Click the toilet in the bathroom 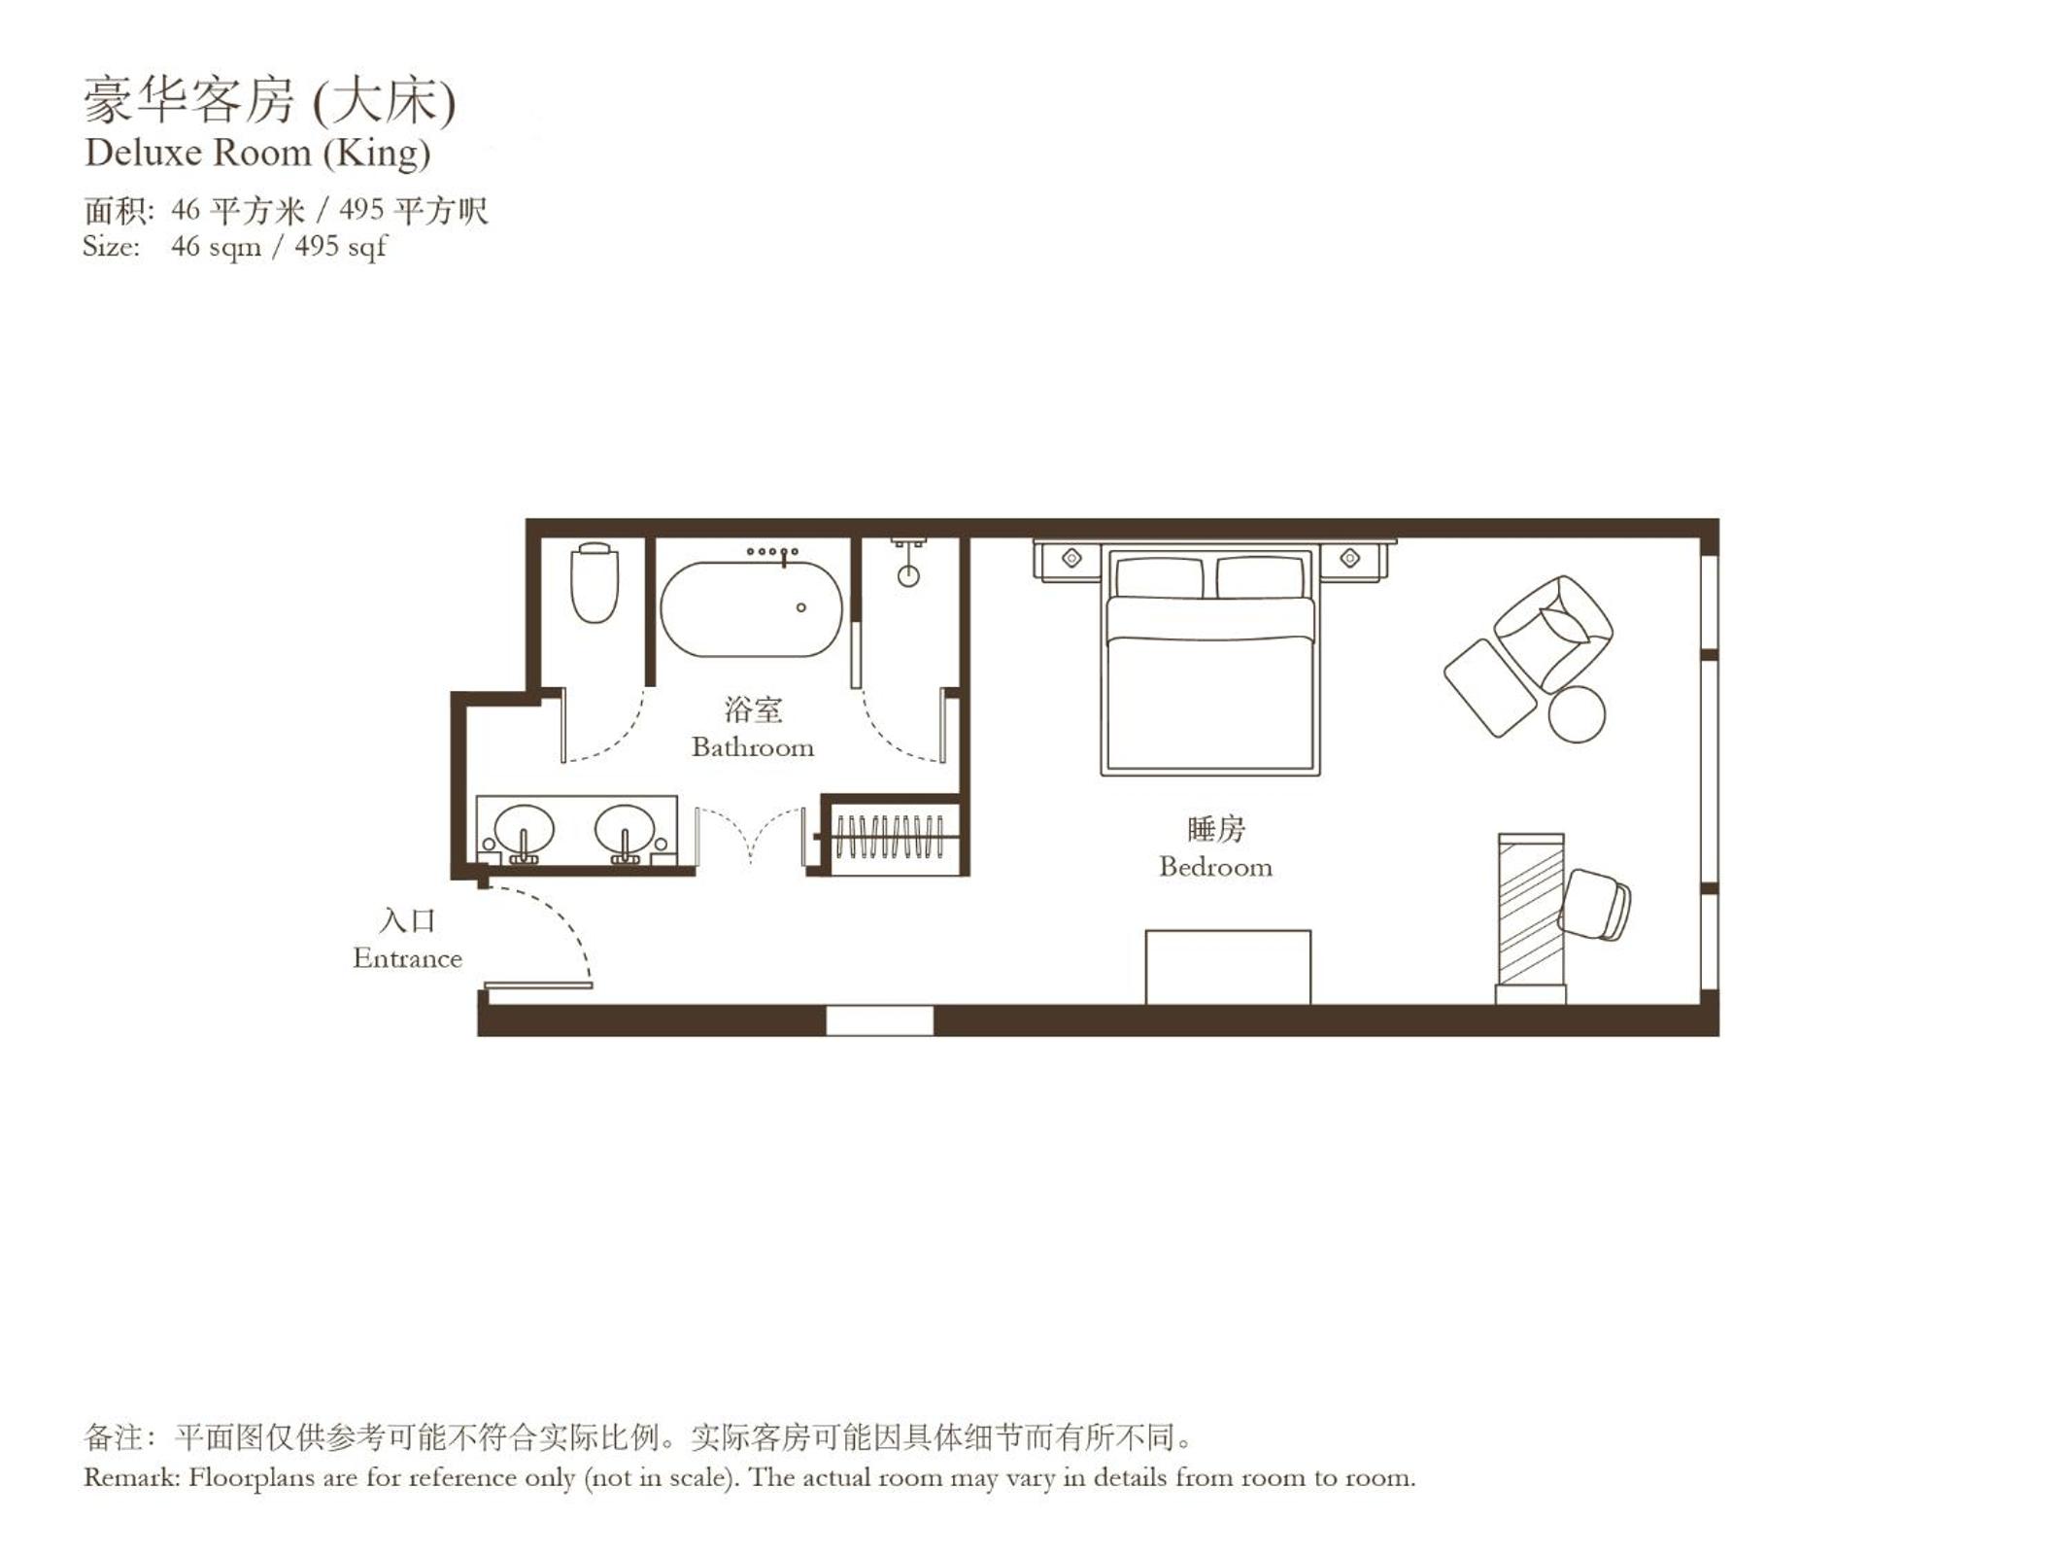(594, 582)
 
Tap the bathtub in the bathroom (751, 608)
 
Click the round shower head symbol (908, 576)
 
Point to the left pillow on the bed (1159, 577)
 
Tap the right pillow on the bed (1260, 577)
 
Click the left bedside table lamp (1071, 558)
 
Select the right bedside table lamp (1349, 558)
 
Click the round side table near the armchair (1577, 714)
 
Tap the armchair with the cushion (1553, 633)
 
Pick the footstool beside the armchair (1490, 687)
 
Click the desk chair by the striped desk (1595, 905)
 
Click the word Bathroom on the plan (753, 747)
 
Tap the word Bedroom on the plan (1215, 867)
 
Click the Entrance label (407, 958)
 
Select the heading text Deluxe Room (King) (257, 153)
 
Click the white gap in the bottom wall (879, 1020)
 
